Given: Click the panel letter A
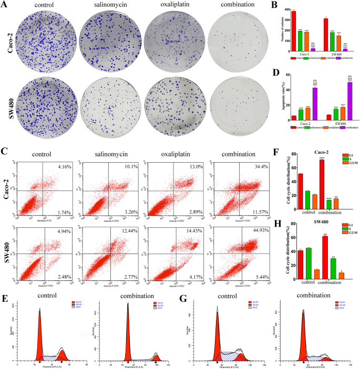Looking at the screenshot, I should [x=5, y=5].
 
